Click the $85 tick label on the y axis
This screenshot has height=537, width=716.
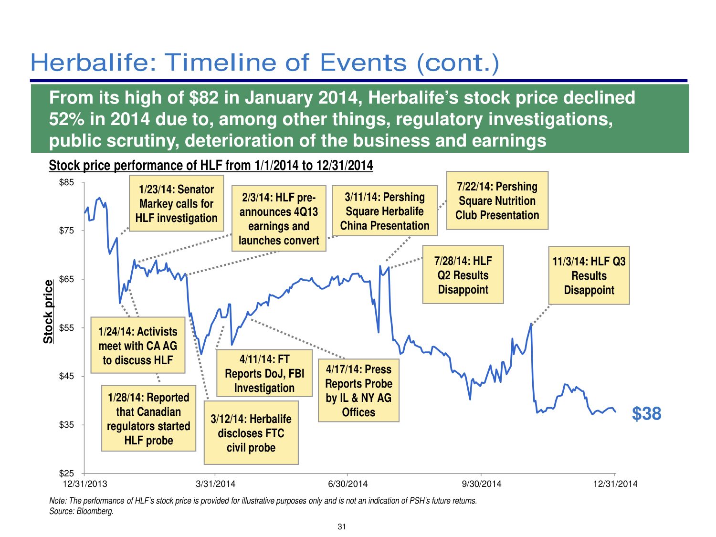click(x=66, y=182)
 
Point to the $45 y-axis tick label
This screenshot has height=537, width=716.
click(x=66, y=376)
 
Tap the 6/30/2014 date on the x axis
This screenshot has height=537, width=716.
click(x=348, y=484)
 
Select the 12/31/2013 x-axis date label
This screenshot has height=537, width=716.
click(x=85, y=484)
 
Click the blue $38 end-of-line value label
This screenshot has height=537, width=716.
click(x=646, y=413)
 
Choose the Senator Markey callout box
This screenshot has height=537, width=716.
click(x=176, y=204)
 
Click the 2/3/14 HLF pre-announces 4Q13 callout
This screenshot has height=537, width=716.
click(x=278, y=219)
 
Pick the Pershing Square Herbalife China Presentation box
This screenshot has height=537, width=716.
click(x=384, y=211)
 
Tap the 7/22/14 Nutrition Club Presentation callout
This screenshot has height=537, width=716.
click(x=497, y=201)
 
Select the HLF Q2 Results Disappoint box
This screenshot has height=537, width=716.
click(x=463, y=275)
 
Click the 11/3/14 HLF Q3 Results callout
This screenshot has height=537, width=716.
click(x=589, y=275)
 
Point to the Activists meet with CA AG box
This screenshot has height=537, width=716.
click(x=137, y=346)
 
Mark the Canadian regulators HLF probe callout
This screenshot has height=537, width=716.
click(x=148, y=419)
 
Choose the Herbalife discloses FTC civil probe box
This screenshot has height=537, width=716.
click(x=251, y=433)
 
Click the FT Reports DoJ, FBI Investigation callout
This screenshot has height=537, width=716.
click(x=264, y=373)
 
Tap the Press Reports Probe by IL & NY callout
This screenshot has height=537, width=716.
click(x=358, y=390)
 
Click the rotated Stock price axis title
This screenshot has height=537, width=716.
click(x=48, y=311)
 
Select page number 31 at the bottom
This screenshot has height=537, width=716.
click(x=342, y=527)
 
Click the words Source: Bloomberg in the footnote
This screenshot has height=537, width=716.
click(x=82, y=512)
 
